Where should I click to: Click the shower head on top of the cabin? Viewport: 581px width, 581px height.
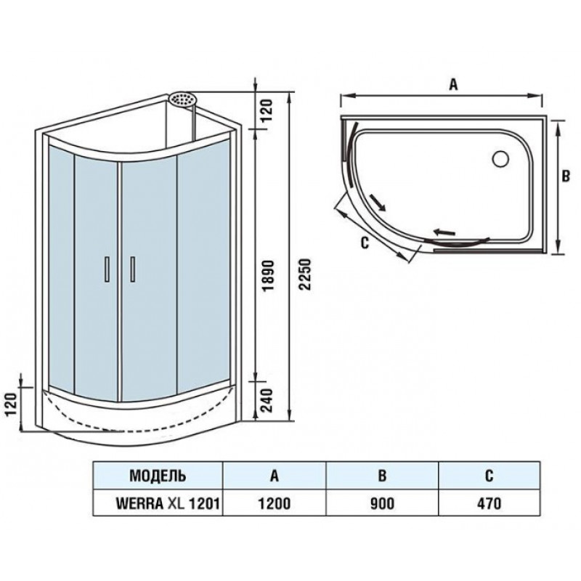(183, 99)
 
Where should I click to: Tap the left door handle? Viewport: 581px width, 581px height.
(107, 269)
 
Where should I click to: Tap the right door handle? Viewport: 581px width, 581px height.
(132, 269)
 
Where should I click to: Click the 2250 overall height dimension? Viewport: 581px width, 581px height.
(306, 275)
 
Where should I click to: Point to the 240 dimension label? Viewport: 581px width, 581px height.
(267, 400)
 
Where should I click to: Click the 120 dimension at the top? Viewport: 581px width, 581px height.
(267, 110)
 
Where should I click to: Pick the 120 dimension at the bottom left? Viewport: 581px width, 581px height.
(12, 405)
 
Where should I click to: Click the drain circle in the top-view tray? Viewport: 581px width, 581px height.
(501, 159)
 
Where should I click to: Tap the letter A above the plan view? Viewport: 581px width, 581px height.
(453, 84)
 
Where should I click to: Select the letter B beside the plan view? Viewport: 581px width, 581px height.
(566, 176)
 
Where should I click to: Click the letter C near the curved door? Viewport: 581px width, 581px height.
(365, 243)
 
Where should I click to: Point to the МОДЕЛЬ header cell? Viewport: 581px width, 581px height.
(158, 476)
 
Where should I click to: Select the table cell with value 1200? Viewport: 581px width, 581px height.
(275, 503)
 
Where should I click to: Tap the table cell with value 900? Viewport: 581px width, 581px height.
(382, 503)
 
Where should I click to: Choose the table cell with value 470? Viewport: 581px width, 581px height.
(489, 503)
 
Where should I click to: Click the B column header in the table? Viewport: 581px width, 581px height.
(382, 476)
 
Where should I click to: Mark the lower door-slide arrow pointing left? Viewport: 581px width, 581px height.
(444, 232)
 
